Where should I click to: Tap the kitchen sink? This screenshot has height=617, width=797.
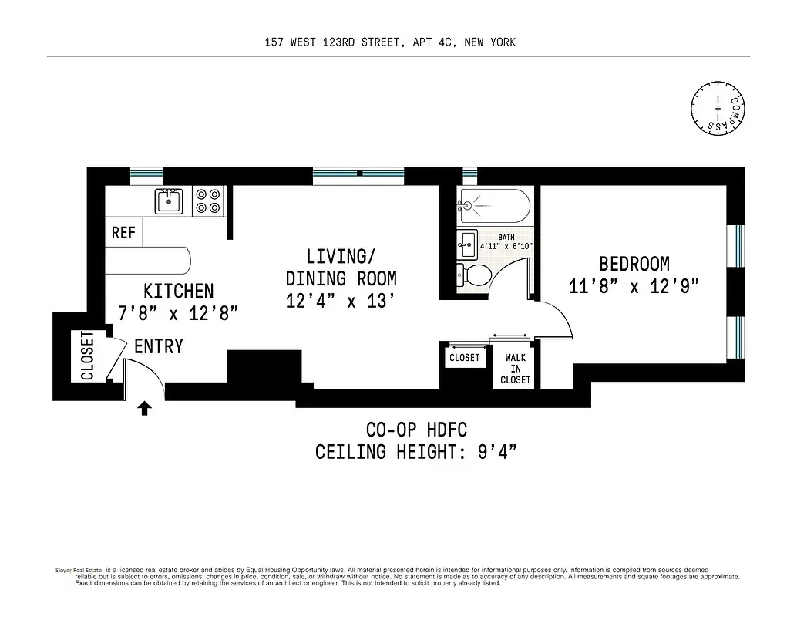click(x=168, y=201)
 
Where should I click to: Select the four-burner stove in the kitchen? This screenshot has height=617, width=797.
click(x=207, y=201)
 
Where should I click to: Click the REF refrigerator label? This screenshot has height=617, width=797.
click(x=123, y=232)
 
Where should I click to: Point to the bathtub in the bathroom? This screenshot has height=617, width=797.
click(x=493, y=206)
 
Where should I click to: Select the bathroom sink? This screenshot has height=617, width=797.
click(x=467, y=244)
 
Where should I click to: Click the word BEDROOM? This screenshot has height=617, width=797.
click(x=634, y=264)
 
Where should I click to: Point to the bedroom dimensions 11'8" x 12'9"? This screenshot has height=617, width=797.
click(x=634, y=287)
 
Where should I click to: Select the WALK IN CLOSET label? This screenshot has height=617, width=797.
click(x=515, y=369)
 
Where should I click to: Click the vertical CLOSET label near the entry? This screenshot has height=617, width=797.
click(x=86, y=356)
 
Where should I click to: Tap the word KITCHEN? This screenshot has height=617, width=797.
click(x=178, y=291)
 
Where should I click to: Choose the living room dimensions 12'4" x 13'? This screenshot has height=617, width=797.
click(x=341, y=301)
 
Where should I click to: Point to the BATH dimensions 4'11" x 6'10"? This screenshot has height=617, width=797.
click(x=506, y=247)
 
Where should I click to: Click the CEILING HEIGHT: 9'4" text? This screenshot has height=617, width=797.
click(x=415, y=451)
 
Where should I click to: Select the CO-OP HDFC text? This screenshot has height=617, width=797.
click(x=415, y=429)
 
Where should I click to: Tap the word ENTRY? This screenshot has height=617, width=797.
click(x=159, y=346)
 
